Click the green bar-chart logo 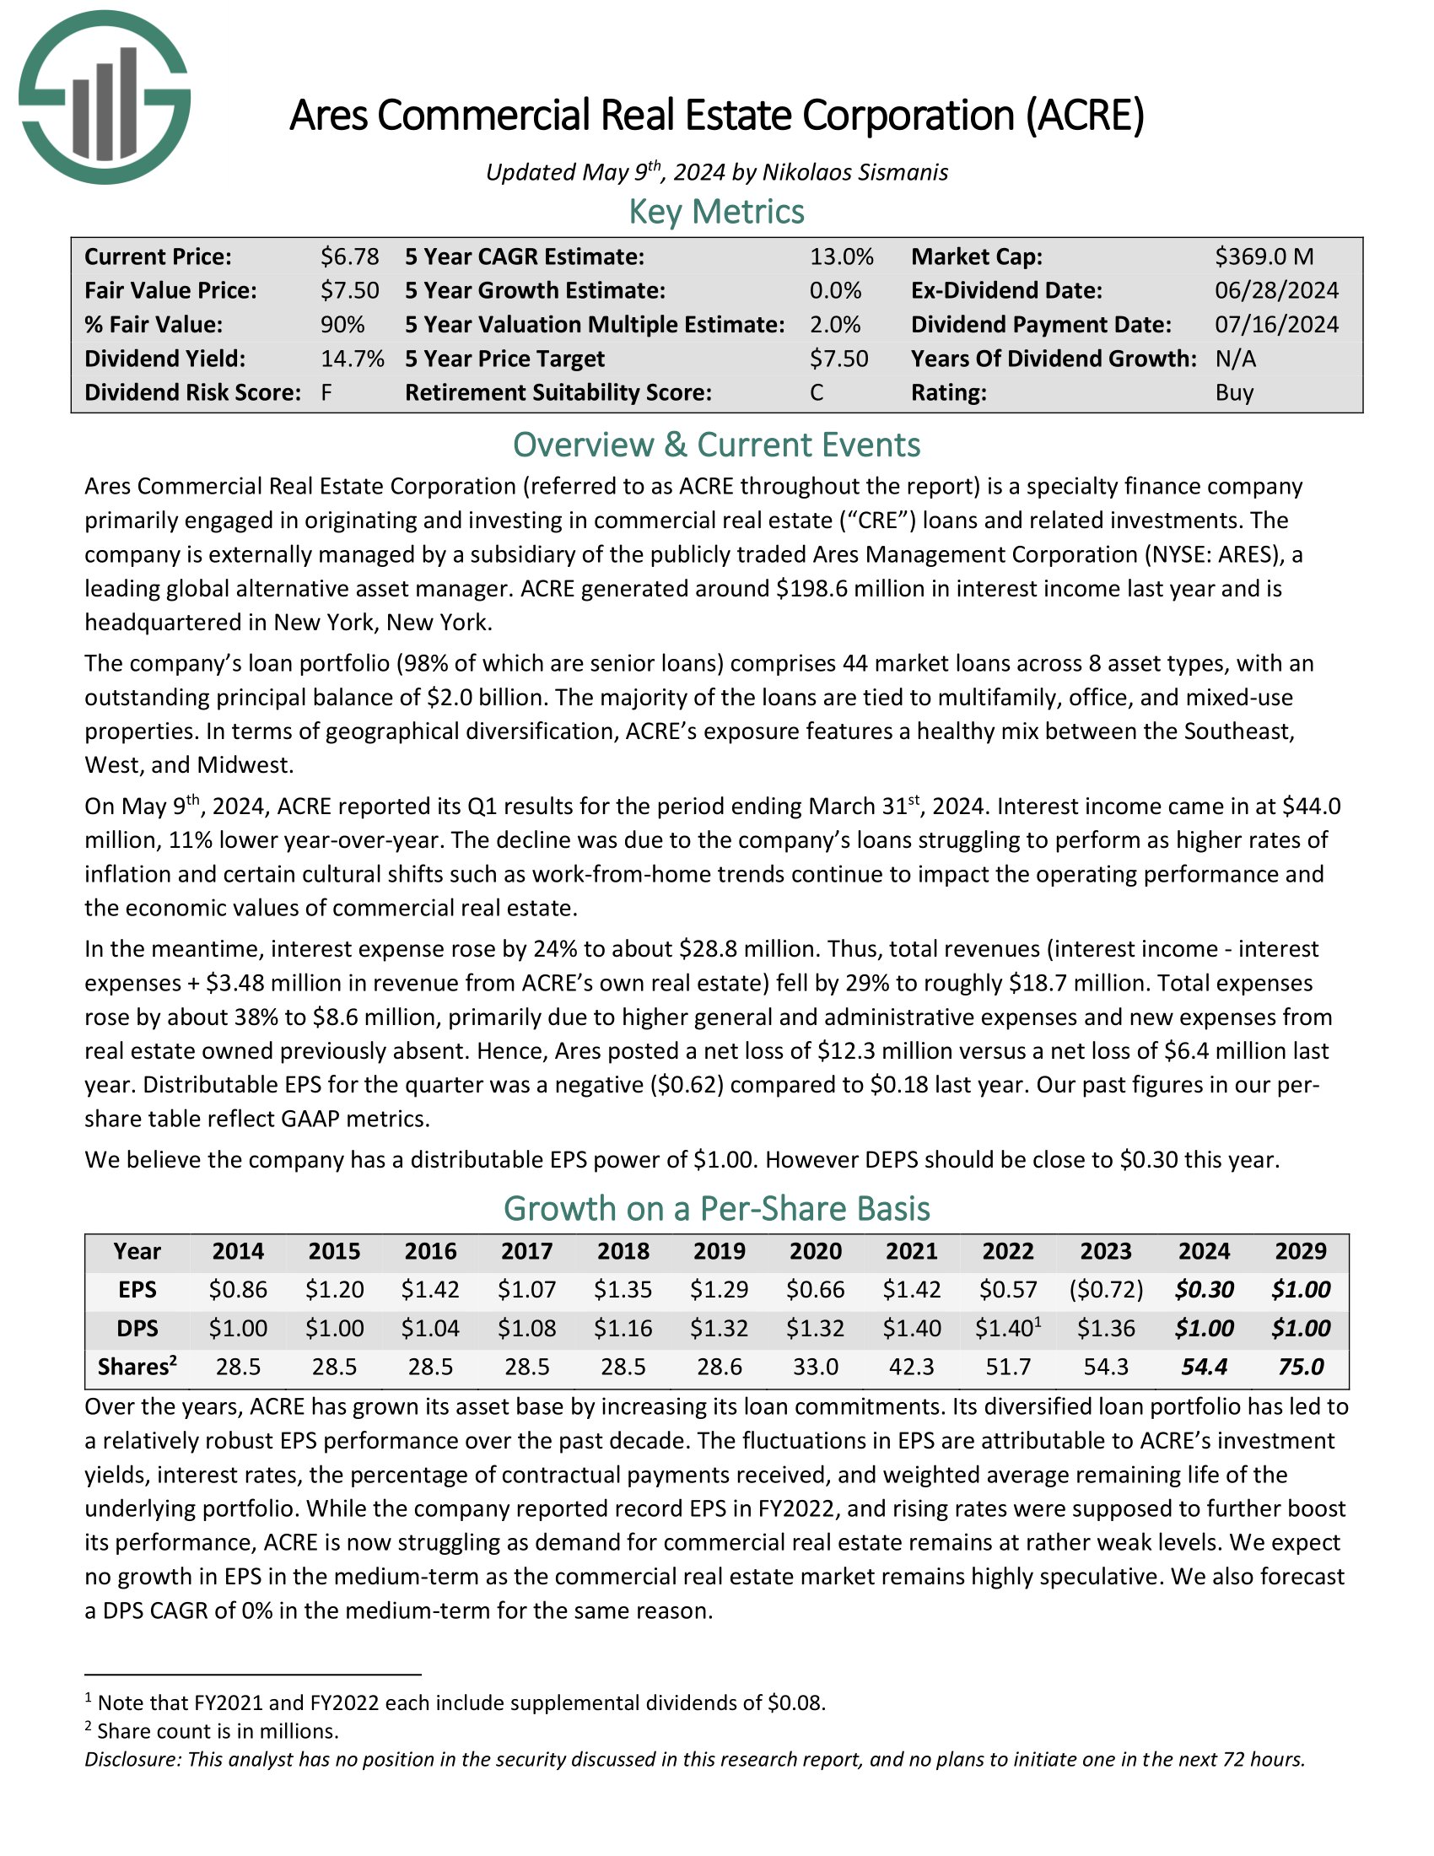pyautogui.click(x=105, y=98)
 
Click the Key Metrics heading pyautogui.click(x=716, y=212)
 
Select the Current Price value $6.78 pyautogui.click(x=349, y=256)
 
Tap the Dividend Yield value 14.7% pyautogui.click(x=352, y=359)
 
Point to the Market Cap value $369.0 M pyautogui.click(x=1264, y=256)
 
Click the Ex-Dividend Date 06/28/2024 pyautogui.click(x=1276, y=291)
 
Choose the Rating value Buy pyautogui.click(x=1234, y=392)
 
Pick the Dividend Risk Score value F pyautogui.click(x=326, y=392)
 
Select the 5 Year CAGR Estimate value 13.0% pyautogui.click(x=841, y=256)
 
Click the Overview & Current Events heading pyautogui.click(x=716, y=445)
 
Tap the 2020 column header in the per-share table pyautogui.click(x=816, y=1251)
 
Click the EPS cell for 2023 pyautogui.click(x=1105, y=1289)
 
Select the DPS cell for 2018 pyautogui.click(x=623, y=1328)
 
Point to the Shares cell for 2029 pyautogui.click(x=1301, y=1367)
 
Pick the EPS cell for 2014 pyautogui.click(x=238, y=1289)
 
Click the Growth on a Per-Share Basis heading pyautogui.click(x=716, y=1208)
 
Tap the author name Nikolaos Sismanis pyautogui.click(x=854, y=172)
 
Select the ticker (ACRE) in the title pyautogui.click(x=1085, y=116)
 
